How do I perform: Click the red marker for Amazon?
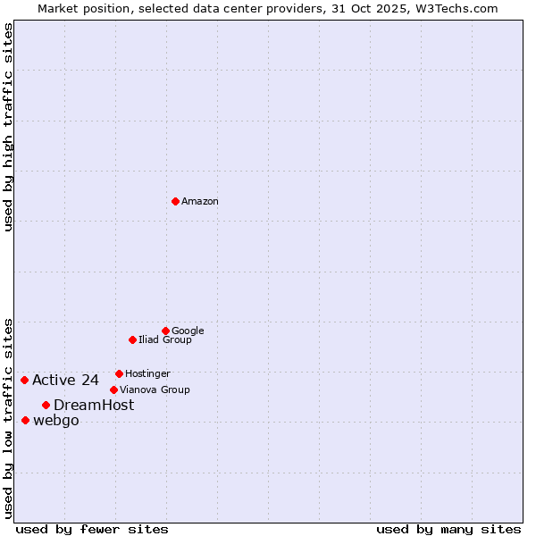(175, 201)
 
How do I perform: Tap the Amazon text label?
(200, 202)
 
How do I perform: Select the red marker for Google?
(165, 331)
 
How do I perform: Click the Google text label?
(188, 331)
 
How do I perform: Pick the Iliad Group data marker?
(132, 339)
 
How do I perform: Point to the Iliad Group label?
(165, 339)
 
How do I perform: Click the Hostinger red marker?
(119, 373)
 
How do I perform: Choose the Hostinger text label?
(147, 373)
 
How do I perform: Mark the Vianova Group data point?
(113, 389)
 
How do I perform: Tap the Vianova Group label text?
(155, 389)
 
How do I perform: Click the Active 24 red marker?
(24, 380)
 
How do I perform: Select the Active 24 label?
(65, 381)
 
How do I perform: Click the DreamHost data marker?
(46, 405)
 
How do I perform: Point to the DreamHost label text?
(94, 406)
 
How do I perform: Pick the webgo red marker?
(25, 420)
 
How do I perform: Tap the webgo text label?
(56, 422)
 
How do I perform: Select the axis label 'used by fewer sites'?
(92, 529)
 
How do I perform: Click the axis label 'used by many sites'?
(448, 529)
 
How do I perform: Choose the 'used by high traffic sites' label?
(8, 127)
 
